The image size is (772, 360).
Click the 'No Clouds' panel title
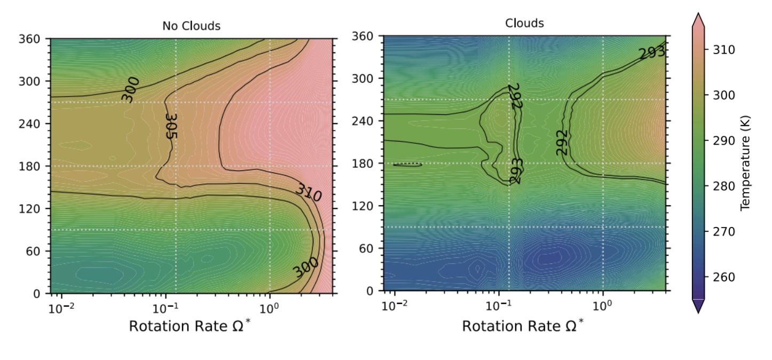(191, 26)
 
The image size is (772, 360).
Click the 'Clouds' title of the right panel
(524, 23)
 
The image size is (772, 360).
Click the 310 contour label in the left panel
(309, 192)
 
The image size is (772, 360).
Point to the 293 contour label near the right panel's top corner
(652, 52)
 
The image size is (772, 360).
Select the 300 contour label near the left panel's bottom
(306, 267)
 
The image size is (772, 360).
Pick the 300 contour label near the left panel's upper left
(130, 89)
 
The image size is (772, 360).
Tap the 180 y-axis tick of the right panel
(368, 163)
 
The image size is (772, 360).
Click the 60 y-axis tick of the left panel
(38, 251)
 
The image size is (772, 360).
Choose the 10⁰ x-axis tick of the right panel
(603, 306)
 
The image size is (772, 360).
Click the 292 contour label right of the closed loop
(562, 142)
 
